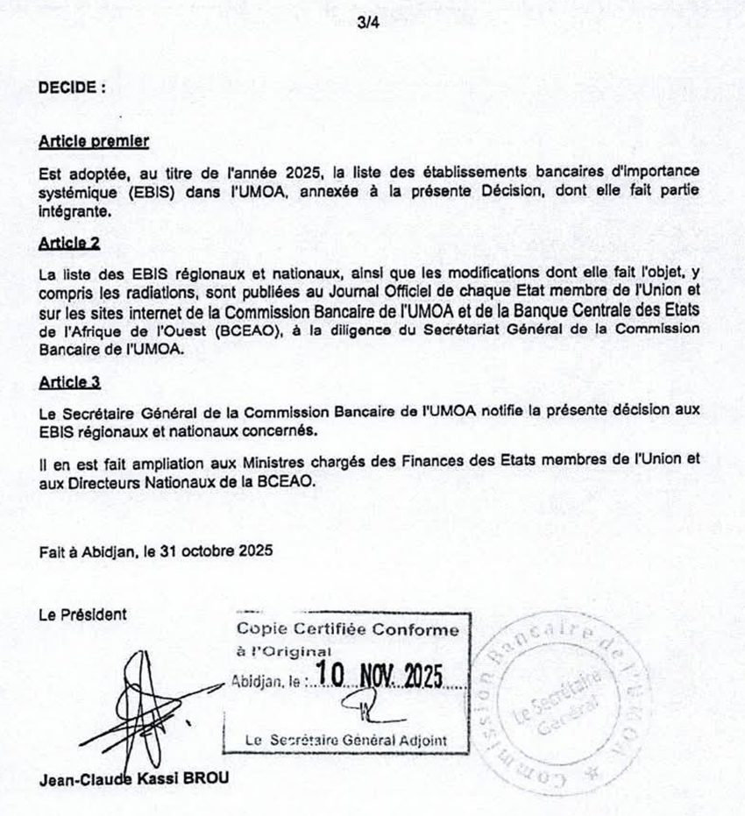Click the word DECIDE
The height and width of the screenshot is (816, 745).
click(69, 88)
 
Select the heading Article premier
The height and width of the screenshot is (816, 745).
click(95, 140)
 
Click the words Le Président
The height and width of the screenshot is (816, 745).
click(82, 614)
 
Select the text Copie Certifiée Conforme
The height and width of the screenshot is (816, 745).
click(347, 629)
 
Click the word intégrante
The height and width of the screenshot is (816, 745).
click(75, 212)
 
